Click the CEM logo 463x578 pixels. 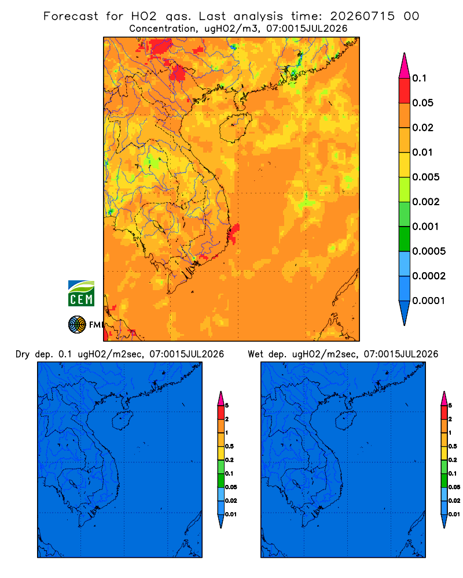[x=81, y=293]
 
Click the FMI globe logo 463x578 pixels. [x=77, y=324]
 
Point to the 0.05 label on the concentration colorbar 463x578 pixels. [x=422, y=103]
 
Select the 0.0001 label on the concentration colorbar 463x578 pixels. [x=429, y=301]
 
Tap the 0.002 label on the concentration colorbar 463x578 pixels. [x=426, y=202]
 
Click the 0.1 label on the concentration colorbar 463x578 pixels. [x=419, y=78]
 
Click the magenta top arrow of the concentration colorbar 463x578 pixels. [x=405, y=66]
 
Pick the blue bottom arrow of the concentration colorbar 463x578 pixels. [x=405, y=313]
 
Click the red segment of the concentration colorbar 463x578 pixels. [x=405, y=91]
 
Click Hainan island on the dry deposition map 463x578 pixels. [x=122, y=421]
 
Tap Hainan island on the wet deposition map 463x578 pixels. [x=346, y=420]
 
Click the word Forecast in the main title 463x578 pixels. [x=71, y=16]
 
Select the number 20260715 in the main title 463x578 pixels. [x=362, y=16]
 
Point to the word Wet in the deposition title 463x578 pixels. [x=255, y=354]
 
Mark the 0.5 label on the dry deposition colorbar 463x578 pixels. [x=229, y=446]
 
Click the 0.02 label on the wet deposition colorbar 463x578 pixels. [x=454, y=501]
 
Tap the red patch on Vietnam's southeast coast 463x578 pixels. [x=234, y=234]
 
